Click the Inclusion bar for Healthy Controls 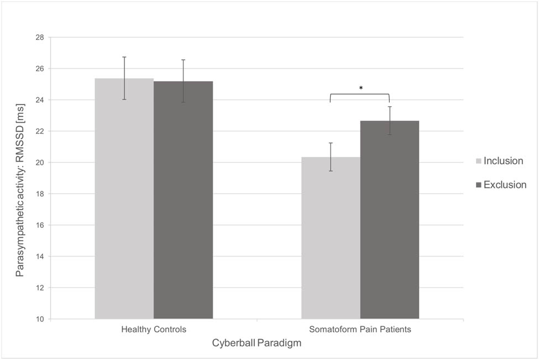pos(124,199)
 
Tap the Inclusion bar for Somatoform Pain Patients pos(331,238)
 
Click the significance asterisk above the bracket pos(360,88)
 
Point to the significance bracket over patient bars pos(359,94)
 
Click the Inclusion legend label pos(503,161)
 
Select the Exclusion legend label pos(505,185)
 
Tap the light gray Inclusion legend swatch pos(479,161)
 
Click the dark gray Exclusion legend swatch pos(479,185)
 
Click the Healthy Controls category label pos(154,330)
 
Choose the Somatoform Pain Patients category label pos(360,330)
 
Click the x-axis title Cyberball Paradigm pos(257,343)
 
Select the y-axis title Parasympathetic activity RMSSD pos(20,178)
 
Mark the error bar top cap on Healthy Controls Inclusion pos(124,57)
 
